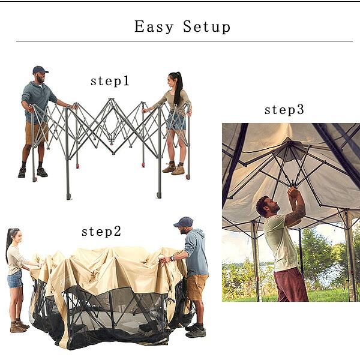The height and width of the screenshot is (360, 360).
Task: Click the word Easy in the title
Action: (x=154, y=26)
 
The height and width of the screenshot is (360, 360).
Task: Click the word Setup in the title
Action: (x=206, y=27)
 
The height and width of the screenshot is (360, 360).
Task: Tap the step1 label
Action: (x=110, y=81)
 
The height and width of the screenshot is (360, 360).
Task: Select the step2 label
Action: (x=101, y=231)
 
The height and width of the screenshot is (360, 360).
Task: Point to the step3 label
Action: (x=284, y=110)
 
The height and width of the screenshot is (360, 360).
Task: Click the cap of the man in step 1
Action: (x=40, y=70)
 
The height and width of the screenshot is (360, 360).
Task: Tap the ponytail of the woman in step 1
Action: (x=178, y=88)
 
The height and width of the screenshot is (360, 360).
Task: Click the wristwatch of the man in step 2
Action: (x=172, y=259)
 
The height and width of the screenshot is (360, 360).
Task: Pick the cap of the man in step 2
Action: (x=184, y=222)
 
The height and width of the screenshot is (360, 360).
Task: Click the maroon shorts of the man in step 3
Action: (x=291, y=285)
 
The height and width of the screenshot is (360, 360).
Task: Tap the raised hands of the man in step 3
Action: (x=293, y=192)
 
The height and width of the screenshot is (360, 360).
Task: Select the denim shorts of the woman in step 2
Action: (x=15, y=279)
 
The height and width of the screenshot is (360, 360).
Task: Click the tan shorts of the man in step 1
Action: (x=36, y=133)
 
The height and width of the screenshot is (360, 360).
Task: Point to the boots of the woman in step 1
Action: (x=173, y=169)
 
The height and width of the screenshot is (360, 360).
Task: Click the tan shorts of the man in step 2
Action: (x=197, y=287)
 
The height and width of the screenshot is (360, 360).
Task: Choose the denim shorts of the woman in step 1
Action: (x=176, y=121)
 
